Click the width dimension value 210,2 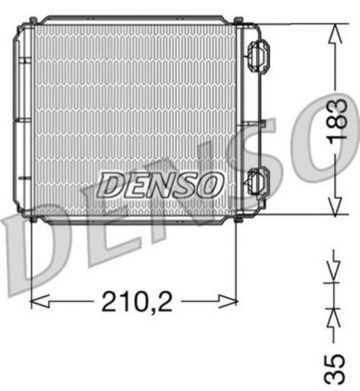137,301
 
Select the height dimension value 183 337,119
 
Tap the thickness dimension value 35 336,369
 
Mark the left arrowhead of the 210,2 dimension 38,301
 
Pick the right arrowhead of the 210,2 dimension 229,301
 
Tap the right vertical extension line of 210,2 236,257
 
